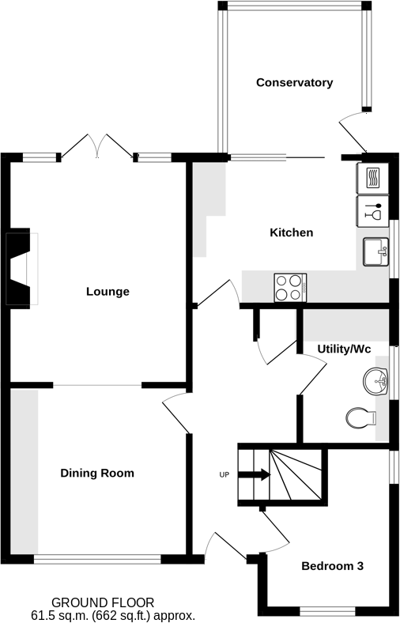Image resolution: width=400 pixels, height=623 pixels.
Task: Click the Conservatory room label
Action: coord(294,82)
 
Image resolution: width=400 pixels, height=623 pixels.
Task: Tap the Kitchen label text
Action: coord(292,232)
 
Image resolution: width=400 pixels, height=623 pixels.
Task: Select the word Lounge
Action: coord(108,292)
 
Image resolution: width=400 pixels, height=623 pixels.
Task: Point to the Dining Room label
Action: coord(97,474)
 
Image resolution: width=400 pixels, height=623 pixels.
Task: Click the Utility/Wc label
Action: coord(344,348)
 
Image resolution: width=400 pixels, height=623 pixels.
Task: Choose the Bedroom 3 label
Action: coord(332,566)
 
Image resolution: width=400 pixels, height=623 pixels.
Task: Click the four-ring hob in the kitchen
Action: coord(290,286)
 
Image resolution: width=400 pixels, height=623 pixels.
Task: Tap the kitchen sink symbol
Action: coord(375,252)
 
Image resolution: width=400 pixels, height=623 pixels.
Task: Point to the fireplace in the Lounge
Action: coord(21,268)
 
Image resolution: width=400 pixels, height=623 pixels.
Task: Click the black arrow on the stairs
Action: coord(255,475)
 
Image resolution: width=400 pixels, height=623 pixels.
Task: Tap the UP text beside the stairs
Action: coord(225,475)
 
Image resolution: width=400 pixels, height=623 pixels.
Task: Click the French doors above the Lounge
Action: coord(98,147)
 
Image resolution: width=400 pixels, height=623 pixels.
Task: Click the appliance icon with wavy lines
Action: coord(371,177)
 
